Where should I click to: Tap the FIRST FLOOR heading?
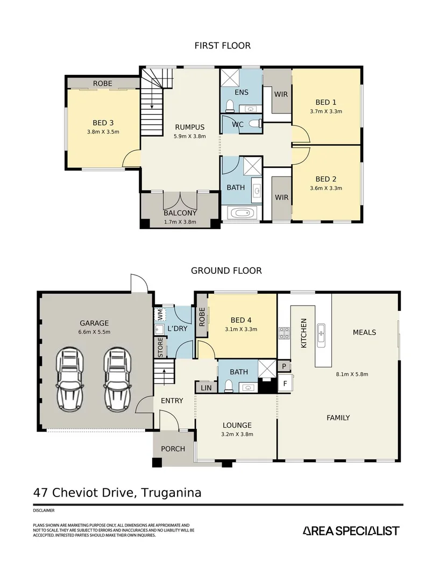222,46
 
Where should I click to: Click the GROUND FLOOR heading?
226,271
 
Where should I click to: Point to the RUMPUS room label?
189,127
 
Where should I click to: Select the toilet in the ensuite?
229,105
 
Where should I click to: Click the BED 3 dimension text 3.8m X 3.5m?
103,131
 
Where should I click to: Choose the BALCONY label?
180,212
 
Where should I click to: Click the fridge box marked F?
285,384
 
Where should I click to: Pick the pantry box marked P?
284,366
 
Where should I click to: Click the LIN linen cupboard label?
206,387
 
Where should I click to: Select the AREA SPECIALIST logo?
351,530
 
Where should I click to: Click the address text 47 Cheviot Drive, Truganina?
117,492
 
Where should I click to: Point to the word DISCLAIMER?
44,511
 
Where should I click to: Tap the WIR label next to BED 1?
281,94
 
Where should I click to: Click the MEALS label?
364,332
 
